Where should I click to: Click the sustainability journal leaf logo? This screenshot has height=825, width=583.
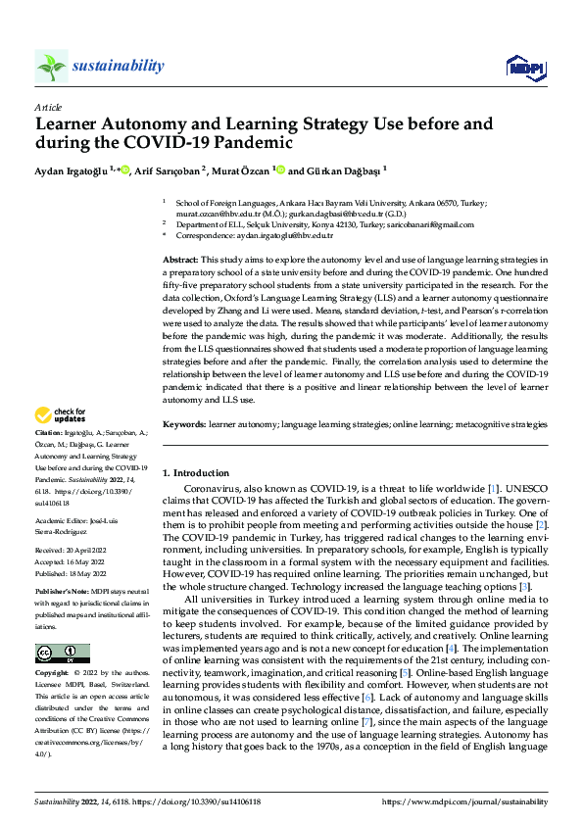pos(51,66)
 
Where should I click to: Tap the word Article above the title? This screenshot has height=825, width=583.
pos(48,107)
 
